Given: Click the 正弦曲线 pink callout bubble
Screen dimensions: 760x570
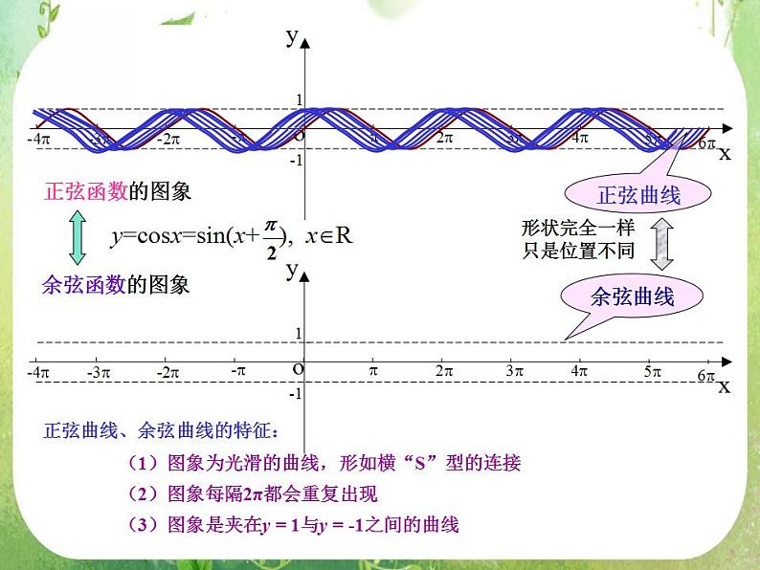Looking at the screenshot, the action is pyautogui.click(x=637, y=196).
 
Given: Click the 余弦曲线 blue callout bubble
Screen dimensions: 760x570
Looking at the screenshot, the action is pyautogui.click(x=633, y=296).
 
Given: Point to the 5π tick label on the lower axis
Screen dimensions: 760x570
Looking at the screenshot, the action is pyautogui.click(x=653, y=371).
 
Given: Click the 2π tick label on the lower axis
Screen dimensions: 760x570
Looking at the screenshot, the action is pyautogui.click(x=443, y=371).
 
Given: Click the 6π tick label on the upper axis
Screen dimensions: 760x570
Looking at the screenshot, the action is pyautogui.click(x=707, y=143).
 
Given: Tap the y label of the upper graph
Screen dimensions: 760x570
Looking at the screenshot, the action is pyautogui.click(x=291, y=36).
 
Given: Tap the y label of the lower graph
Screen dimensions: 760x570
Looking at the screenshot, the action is pyautogui.click(x=291, y=270).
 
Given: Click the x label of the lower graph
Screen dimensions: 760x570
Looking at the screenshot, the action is pyautogui.click(x=724, y=386).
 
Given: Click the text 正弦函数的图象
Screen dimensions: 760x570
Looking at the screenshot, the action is pyautogui.click(x=118, y=191).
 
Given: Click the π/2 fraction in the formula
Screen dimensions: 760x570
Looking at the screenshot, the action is pyautogui.click(x=272, y=237).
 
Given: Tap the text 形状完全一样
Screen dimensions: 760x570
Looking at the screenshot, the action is pyautogui.click(x=577, y=228).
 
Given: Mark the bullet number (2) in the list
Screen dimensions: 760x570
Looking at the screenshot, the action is pyautogui.click(x=142, y=494).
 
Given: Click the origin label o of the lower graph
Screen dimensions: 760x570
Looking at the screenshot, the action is pyautogui.click(x=298, y=368).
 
